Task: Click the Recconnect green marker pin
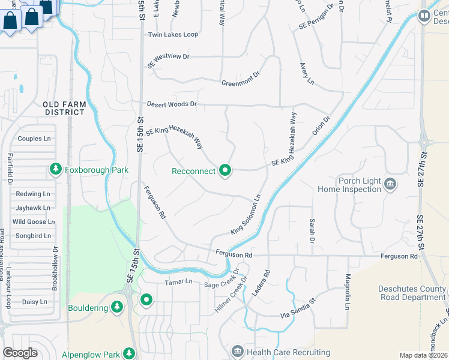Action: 226,171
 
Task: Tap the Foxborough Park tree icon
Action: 56,170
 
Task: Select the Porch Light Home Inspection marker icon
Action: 390,184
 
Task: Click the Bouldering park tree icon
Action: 117,308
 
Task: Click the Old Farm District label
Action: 65,108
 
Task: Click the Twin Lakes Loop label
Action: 173,35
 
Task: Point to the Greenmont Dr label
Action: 240,79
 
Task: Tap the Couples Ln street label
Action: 34,139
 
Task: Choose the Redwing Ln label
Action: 33,194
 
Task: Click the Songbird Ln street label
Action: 34,236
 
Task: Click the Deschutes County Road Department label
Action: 412,292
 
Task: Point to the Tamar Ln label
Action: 179,281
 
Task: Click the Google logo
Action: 20,353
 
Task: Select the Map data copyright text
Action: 424,355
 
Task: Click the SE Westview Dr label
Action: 168,59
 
